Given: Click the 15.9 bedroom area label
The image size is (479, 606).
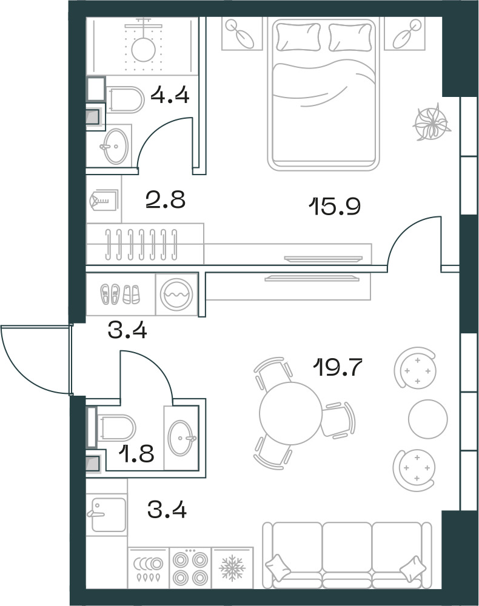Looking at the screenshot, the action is pos(335,207).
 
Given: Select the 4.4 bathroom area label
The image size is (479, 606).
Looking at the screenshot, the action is pos(170,95).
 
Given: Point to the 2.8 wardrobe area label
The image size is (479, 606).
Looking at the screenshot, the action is pos(166,200).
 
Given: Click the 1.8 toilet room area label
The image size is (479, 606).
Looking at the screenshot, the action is pos(136,453).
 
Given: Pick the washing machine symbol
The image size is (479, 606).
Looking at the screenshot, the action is pos(176,294).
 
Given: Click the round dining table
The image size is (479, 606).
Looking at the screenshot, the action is pos(290,413).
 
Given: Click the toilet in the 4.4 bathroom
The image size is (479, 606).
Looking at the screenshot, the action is pos(124,99).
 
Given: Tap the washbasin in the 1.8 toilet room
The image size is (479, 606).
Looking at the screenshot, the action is pos(181,438).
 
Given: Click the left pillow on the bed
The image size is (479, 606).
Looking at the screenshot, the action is pos(298,37).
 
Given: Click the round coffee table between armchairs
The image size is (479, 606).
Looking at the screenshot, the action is pos(428,419).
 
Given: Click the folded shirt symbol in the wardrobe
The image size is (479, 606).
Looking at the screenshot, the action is pos(103,200).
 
